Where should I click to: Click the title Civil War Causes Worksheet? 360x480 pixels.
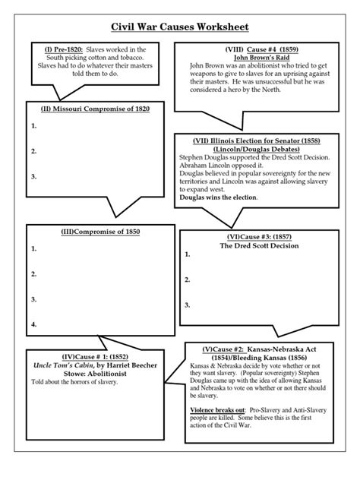180,25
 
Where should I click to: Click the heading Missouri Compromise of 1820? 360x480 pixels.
95,109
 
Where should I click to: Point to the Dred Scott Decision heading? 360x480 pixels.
259,246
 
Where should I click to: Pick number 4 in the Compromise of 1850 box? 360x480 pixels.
34,324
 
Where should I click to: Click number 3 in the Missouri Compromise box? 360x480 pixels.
34,177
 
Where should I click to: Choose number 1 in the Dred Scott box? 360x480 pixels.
187,257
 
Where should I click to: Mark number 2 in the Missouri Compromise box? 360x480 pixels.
34,151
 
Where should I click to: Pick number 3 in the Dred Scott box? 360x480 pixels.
187,305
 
